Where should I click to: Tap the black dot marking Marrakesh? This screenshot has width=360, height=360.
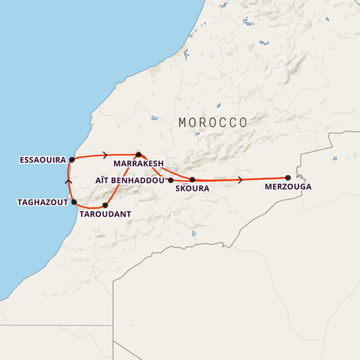pos(138,154)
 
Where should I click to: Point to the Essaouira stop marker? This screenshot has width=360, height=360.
pos(72,160)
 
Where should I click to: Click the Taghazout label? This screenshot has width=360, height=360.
pos(42,202)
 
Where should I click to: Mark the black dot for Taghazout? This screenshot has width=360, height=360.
pos(73,202)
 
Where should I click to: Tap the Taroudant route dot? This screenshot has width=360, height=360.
pos(106,205)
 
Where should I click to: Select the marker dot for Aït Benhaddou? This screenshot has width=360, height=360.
pos(171,180)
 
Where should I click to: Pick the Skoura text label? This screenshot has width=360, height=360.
pos(192,189)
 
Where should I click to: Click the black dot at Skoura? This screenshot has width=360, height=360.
pos(192,179)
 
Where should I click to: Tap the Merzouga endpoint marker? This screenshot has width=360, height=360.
pos(288,177)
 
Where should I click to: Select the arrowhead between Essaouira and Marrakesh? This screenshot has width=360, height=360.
pos(106,155)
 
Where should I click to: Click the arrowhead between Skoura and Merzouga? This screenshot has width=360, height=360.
pos(240,179)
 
